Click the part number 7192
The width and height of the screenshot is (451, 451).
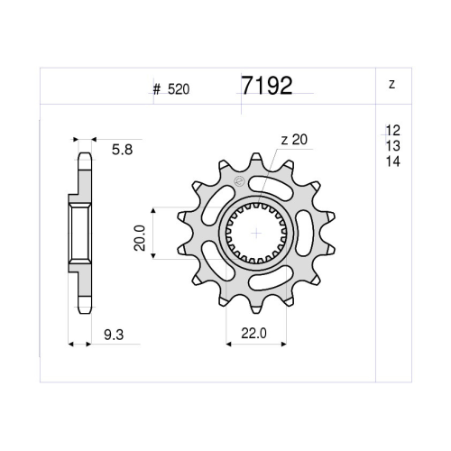(x=267, y=86)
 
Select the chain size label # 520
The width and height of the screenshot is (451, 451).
(x=171, y=89)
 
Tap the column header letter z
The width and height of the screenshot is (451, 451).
(x=391, y=84)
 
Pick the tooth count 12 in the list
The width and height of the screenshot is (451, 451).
(x=393, y=131)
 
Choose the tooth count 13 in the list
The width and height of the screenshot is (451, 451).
(x=393, y=146)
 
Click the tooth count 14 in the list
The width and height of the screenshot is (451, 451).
(x=393, y=161)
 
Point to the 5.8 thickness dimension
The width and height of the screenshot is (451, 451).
(x=122, y=150)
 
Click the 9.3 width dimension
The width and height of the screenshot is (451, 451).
(x=114, y=335)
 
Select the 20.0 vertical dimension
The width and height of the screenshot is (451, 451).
(x=140, y=238)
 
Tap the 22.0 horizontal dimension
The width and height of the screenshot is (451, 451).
(x=253, y=333)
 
